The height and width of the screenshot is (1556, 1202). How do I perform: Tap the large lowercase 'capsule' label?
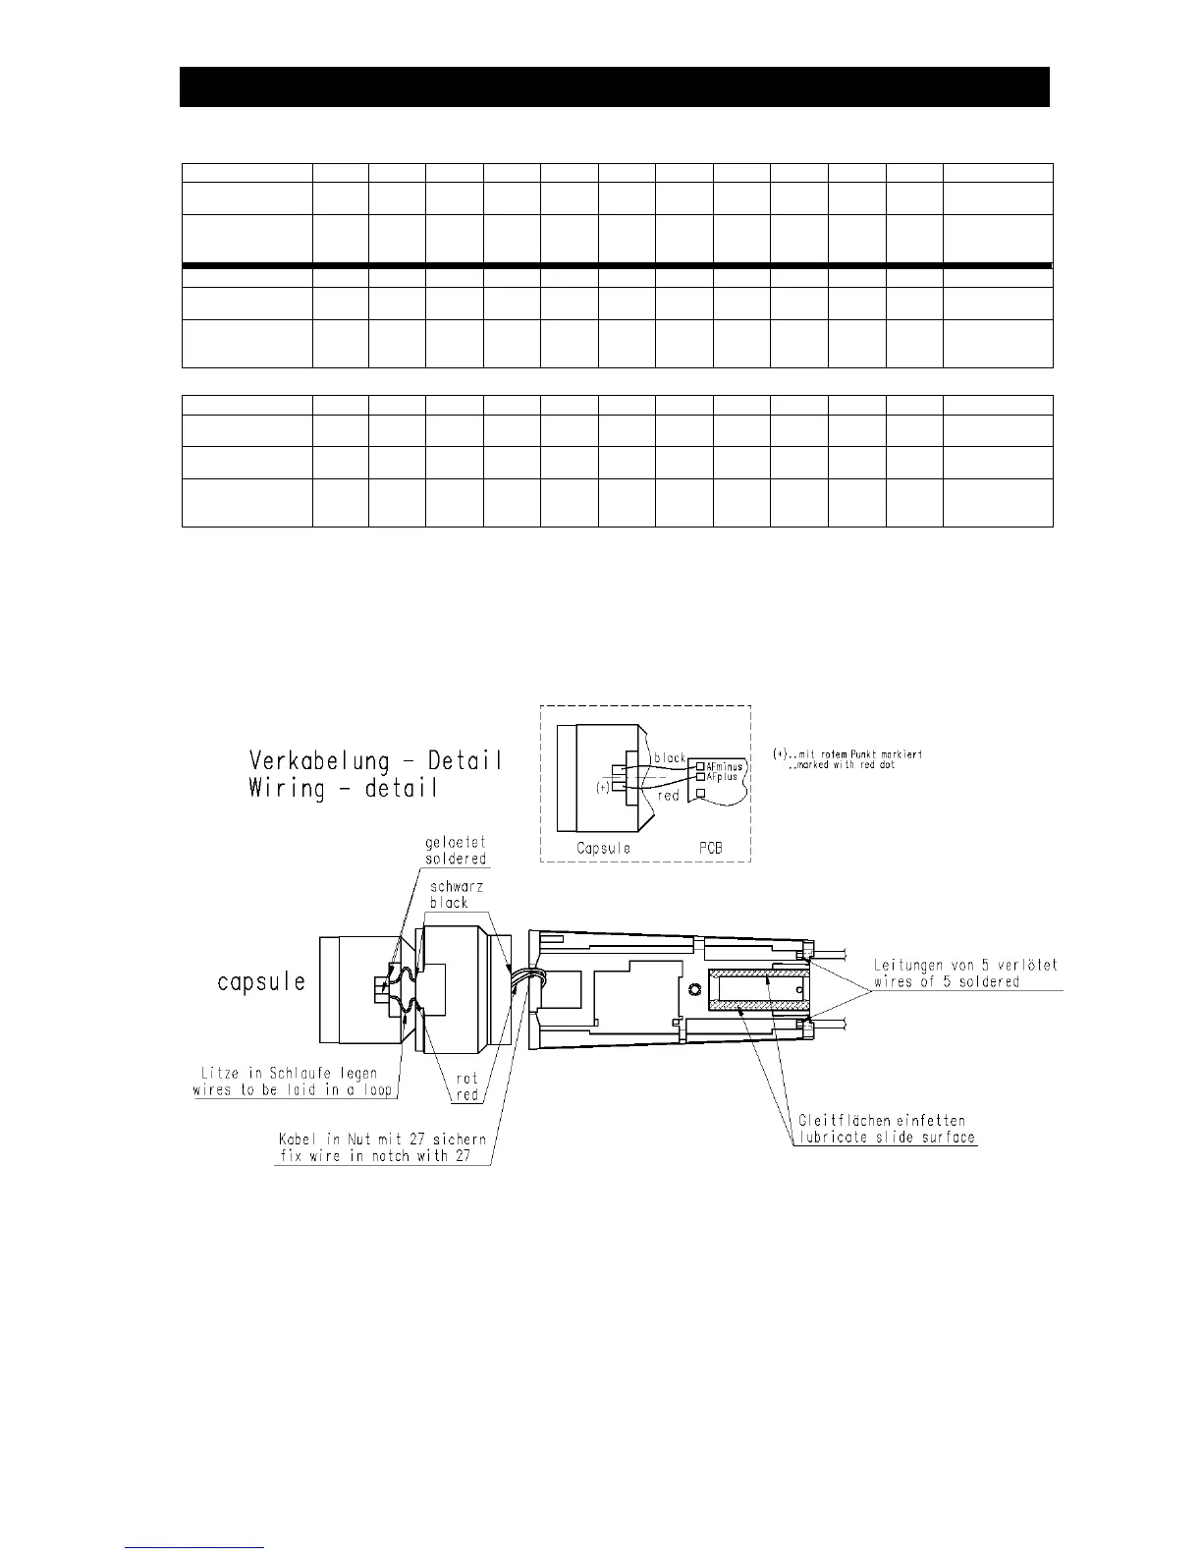click(260, 981)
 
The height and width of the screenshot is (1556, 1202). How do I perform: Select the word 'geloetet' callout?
click(456, 842)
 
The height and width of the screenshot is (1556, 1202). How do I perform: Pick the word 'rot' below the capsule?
click(466, 1079)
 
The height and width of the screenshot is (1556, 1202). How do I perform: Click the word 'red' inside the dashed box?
click(669, 797)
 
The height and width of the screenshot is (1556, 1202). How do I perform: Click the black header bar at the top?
click(615, 86)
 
